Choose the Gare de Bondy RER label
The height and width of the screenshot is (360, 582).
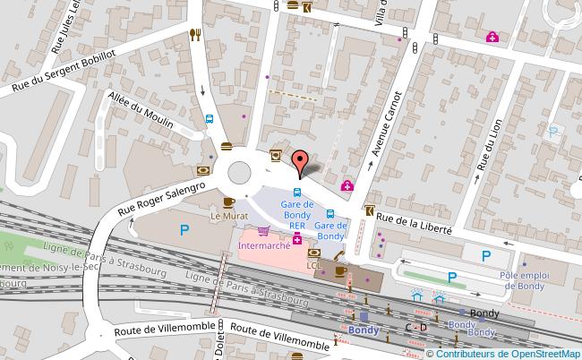(x=296, y=215)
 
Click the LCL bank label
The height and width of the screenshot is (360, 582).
(x=313, y=266)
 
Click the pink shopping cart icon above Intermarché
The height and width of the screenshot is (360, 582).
(x=263, y=230)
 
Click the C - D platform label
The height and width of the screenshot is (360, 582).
(x=415, y=328)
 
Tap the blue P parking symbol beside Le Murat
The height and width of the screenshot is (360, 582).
(x=184, y=230)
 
